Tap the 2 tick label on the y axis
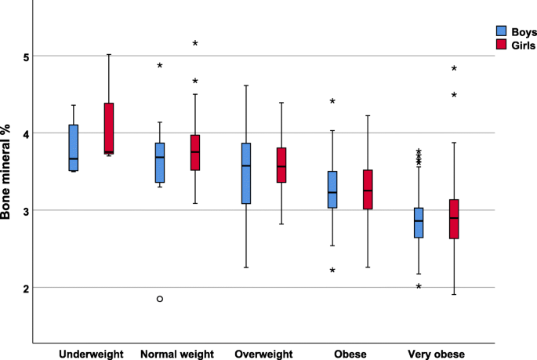coord(25,288)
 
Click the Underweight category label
coord(91,355)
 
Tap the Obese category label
coord(349,355)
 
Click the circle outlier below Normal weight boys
coord(160,299)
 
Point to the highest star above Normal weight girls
coord(195,44)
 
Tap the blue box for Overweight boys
coord(246,173)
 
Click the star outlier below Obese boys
coord(332,271)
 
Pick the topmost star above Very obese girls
coord(454,69)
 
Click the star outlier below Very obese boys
coord(419,287)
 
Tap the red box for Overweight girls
coord(281,165)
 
